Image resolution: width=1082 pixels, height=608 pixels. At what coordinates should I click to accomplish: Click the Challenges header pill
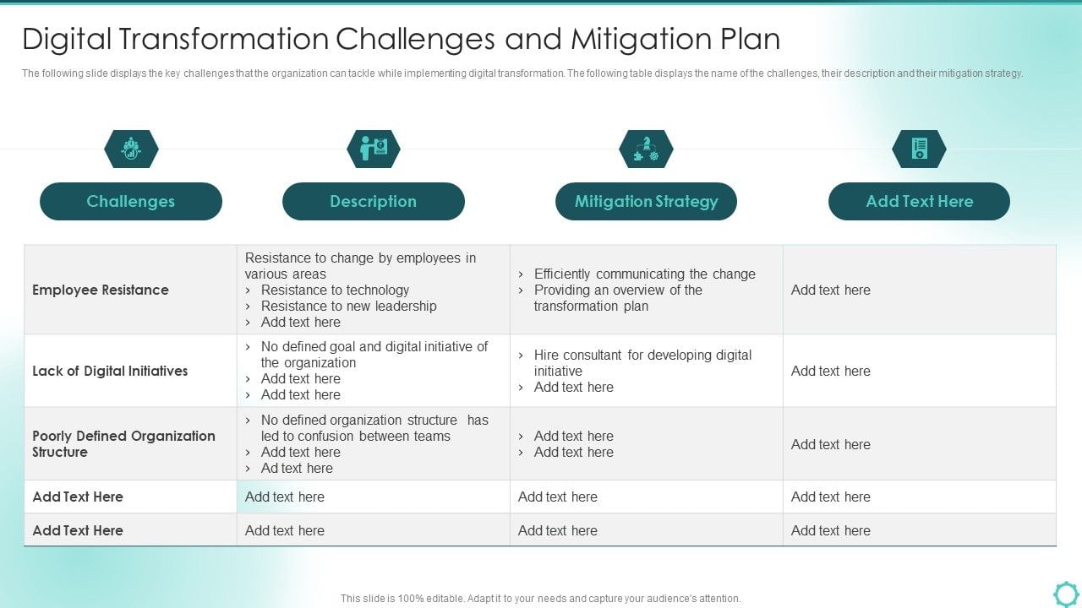[x=131, y=201]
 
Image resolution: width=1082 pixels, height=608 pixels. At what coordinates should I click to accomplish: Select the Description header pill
[x=373, y=201]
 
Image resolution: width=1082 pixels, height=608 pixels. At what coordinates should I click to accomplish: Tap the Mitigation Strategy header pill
[x=646, y=201]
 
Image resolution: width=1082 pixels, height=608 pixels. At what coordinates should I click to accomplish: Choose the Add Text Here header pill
[x=919, y=201]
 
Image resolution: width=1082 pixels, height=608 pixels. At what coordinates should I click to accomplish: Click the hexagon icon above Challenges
[x=131, y=149]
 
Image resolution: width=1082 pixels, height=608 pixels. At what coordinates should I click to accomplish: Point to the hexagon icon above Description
[x=373, y=149]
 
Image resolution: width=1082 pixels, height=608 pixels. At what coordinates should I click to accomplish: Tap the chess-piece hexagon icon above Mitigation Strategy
[x=646, y=149]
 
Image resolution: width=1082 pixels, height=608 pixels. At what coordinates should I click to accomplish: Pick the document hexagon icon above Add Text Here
[x=919, y=149]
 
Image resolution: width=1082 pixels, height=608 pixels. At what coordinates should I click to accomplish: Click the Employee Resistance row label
[x=101, y=290]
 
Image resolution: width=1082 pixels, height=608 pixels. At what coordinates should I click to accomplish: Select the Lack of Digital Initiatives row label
[x=110, y=371]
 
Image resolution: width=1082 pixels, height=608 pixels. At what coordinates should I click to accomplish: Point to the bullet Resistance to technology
[x=335, y=290]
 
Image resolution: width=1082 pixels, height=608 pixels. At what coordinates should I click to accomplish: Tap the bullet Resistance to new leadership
[x=348, y=306]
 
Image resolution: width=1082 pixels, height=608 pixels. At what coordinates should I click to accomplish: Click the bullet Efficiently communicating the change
[x=644, y=274]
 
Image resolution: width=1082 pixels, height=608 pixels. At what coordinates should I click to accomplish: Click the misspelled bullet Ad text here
[x=297, y=468]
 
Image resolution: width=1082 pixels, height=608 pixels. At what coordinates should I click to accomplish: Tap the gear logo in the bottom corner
[x=1066, y=593]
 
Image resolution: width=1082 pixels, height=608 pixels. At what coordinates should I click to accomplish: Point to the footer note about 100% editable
[x=540, y=598]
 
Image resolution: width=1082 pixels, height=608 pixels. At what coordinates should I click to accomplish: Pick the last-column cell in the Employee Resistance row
[x=919, y=290]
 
